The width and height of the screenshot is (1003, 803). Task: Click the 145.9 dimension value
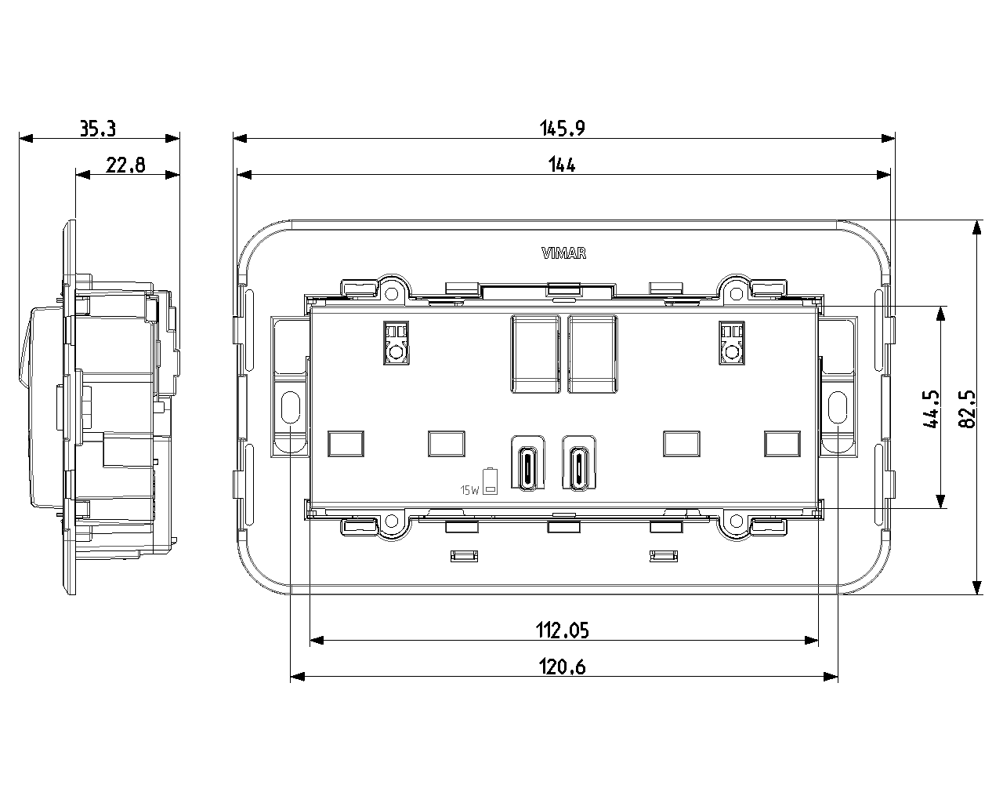click(x=562, y=129)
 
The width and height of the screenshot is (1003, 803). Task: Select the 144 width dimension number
click(x=562, y=165)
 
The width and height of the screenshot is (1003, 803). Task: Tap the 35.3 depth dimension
click(x=98, y=129)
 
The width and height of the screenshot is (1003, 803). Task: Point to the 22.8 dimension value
click(x=125, y=165)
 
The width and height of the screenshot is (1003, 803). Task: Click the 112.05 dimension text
click(x=562, y=630)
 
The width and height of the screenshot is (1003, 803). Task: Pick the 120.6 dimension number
click(x=562, y=667)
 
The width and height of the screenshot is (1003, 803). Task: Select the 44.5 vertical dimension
click(x=931, y=409)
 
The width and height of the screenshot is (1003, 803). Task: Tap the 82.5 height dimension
click(x=967, y=409)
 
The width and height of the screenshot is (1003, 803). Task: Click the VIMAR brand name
click(x=563, y=253)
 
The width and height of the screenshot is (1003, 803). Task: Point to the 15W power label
click(x=469, y=490)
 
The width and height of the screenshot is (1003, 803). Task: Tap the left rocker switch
click(x=535, y=354)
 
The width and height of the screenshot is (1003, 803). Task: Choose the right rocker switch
click(x=593, y=354)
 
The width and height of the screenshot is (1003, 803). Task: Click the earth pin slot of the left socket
click(x=396, y=343)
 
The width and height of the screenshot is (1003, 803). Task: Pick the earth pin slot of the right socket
click(x=731, y=343)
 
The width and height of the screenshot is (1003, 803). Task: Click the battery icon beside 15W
click(x=490, y=481)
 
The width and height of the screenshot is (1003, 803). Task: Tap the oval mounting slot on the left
click(x=290, y=407)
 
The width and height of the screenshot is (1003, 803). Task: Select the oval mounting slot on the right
click(x=837, y=407)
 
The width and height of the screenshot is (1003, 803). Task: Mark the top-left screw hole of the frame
click(x=392, y=294)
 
